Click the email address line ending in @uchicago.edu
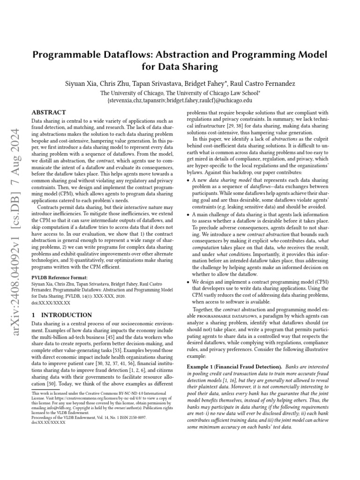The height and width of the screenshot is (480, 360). (x=180, y=100)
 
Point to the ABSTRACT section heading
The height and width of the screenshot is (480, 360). (x=49, y=113)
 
